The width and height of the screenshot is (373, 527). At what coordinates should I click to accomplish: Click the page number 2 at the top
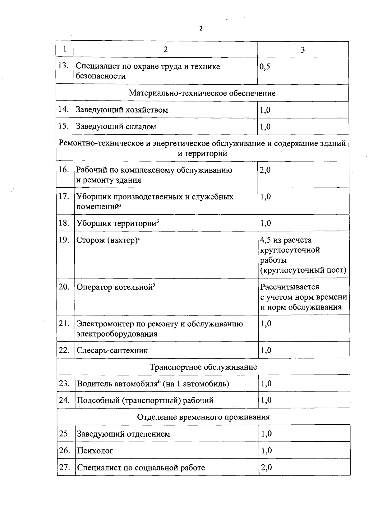click(200, 29)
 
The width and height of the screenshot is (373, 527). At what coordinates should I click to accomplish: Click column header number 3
click(303, 50)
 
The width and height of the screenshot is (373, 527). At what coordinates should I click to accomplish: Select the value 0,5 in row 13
click(265, 67)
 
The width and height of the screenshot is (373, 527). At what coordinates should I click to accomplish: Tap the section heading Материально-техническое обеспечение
click(202, 93)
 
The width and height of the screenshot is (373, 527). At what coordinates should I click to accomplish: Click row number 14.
click(64, 109)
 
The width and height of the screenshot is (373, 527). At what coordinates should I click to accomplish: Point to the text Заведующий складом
click(116, 127)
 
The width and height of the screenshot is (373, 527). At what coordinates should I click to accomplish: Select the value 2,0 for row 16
click(265, 170)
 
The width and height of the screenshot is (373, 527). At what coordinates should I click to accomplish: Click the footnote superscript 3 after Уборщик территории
click(158, 221)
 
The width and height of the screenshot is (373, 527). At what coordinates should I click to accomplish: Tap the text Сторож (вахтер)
click(107, 240)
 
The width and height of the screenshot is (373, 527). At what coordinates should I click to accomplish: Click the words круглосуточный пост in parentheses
click(303, 270)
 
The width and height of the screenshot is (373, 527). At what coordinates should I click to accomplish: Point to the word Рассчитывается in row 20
click(290, 287)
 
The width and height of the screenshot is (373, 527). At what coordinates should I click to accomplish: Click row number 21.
click(64, 324)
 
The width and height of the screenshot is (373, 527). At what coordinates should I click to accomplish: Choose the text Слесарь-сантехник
click(112, 351)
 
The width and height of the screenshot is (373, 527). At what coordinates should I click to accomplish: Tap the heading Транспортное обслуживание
click(203, 367)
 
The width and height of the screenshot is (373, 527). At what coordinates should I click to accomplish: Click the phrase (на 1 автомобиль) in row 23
click(196, 384)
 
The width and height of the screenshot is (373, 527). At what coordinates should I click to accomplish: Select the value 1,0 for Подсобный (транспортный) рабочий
click(266, 400)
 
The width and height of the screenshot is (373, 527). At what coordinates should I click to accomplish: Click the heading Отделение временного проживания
click(203, 417)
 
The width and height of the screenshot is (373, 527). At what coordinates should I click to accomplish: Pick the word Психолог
click(95, 451)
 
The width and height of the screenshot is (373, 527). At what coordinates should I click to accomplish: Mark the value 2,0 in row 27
click(266, 467)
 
